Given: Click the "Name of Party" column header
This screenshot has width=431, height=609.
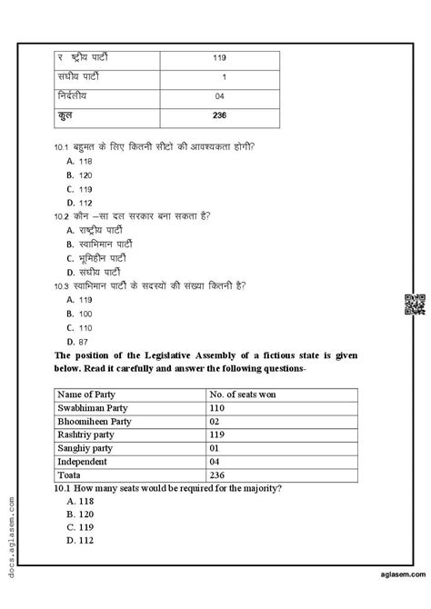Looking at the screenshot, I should click(90, 394).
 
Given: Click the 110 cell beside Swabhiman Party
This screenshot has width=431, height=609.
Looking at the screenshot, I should click(221, 409).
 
